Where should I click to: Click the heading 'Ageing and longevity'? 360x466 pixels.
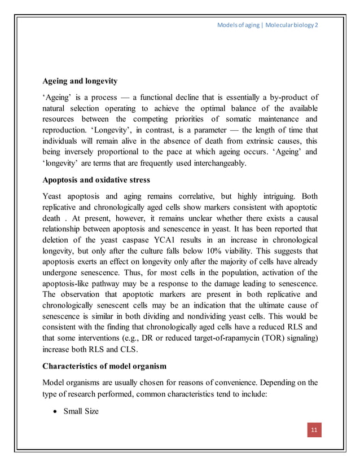[80, 81]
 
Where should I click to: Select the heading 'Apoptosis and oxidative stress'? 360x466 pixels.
[96, 181]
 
